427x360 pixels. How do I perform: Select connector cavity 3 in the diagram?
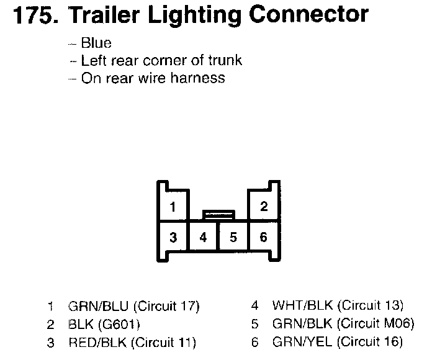[x=173, y=237]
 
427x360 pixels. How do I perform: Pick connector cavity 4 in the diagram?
[x=203, y=237]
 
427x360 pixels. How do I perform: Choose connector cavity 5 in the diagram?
[x=233, y=237]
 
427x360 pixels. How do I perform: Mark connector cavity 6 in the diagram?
[x=263, y=237]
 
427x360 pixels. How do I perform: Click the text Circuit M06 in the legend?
[x=376, y=324]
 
